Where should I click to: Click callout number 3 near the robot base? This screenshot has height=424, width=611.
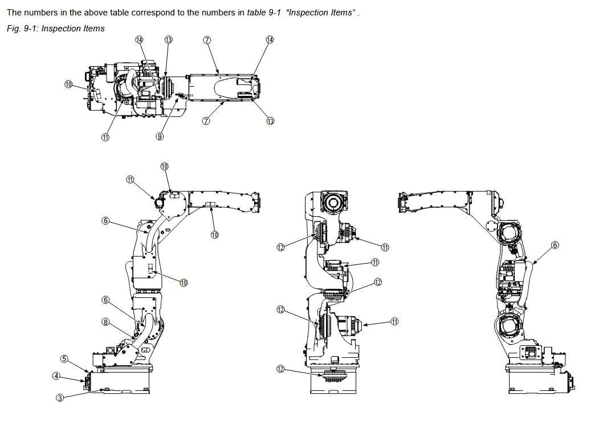60,398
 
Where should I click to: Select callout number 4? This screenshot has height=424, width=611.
56,376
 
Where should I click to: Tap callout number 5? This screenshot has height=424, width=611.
64,359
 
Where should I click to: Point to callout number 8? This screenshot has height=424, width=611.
105,322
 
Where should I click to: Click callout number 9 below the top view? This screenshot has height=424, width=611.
160,136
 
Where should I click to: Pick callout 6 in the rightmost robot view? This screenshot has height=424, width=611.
555,245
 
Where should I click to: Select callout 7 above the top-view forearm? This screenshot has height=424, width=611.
207,40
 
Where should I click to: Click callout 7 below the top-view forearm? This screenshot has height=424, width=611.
206,121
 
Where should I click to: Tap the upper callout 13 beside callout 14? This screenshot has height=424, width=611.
168,40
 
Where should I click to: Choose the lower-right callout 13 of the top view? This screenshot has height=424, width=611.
270,121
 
